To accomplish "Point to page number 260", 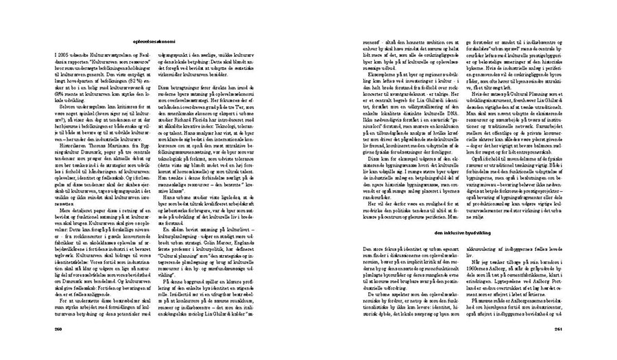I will [x=58, y=328].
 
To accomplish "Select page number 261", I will [x=560, y=328].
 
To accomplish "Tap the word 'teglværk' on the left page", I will [x=66, y=231].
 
